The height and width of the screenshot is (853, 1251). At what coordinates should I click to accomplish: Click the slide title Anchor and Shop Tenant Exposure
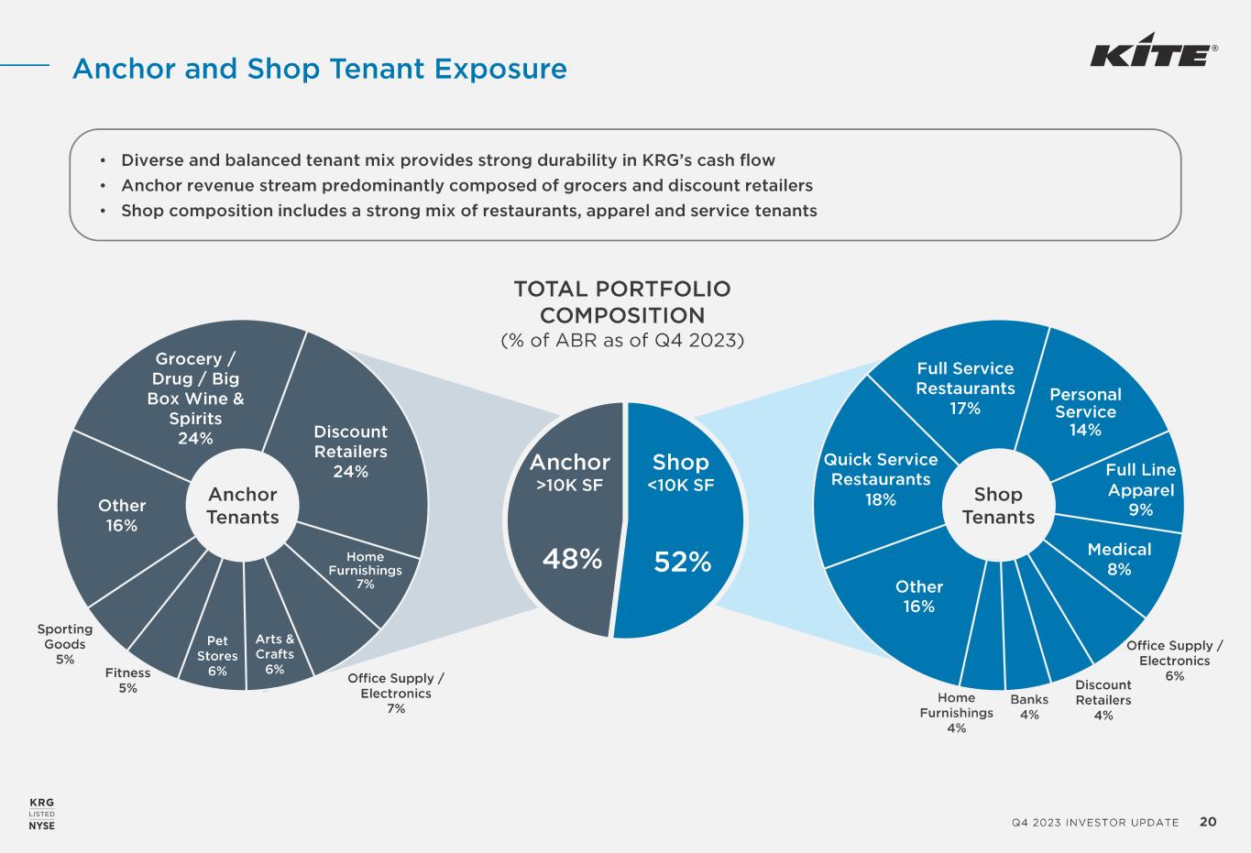pyautogui.click(x=320, y=69)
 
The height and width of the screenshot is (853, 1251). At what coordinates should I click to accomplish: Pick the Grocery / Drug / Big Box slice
pyautogui.click(x=195, y=397)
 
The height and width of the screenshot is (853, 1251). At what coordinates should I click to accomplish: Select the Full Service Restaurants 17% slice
pyautogui.click(x=965, y=388)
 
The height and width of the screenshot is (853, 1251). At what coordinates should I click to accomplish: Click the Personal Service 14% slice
pyautogui.click(x=1085, y=410)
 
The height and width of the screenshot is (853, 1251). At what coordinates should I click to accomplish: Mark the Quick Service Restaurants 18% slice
pyautogui.click(x=880, y=478)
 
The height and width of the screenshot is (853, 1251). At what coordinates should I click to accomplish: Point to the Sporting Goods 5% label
pyautogui.click(x=64, y=643)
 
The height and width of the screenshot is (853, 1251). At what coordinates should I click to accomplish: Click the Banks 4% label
pyautogui.click(x=1029, y=707)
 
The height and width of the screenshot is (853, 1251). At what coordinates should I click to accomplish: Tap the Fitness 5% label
pyautogui.click(x=127, y=680)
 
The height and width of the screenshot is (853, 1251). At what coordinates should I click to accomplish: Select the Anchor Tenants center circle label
pyautogui.click(x=242, y=506)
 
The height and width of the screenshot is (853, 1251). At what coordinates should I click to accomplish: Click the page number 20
pyautogui.click(x=1208, y=822)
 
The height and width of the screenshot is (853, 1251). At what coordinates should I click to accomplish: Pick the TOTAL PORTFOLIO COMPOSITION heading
pyautogui.click(x=622, y=302)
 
